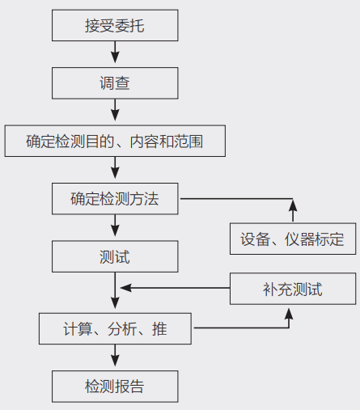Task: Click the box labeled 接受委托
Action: click(114, 26)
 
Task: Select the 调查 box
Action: click(114, 83)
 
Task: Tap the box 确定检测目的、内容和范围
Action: click(114, 142)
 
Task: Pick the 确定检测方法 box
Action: click(114, 199)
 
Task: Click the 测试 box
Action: click(114, 257)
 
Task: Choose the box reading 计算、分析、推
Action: click(114, 328)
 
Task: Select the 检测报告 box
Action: click(114, 385)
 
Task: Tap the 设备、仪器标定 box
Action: click(292, 239)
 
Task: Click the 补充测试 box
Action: click(292, 289)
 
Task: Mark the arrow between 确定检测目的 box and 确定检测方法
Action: click(114, 170)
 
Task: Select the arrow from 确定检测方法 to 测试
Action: click(114, 228)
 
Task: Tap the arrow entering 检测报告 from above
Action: click(114, 357)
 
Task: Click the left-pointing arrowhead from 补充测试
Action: click(124, 288)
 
